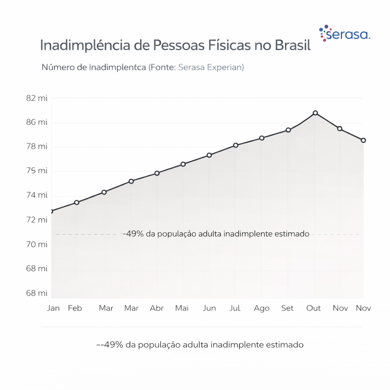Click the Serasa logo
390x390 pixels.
coord(345,34)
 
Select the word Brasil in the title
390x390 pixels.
coord(292,45)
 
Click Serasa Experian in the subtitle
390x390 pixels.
coord(211,67)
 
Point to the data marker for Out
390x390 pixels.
coord(315,113)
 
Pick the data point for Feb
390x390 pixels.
coord(77,202)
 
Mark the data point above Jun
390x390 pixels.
coord(209,155)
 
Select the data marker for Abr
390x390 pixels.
coord(157,173)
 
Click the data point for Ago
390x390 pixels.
coord(262,138)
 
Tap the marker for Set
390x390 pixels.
coord(288,130)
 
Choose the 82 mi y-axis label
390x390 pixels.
coord(37,98)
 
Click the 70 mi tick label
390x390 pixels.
coord(37,244)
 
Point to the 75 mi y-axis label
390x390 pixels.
coord(37,171)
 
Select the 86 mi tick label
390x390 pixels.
coord(37,122)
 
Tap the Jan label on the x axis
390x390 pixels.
coord(53,308)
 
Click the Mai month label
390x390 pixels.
coord(182,308)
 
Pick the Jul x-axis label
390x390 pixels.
coord(235,308)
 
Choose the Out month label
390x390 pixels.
coord(314,308)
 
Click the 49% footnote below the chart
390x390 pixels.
coord(200,345)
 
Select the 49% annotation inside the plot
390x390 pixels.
coord(216,234)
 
